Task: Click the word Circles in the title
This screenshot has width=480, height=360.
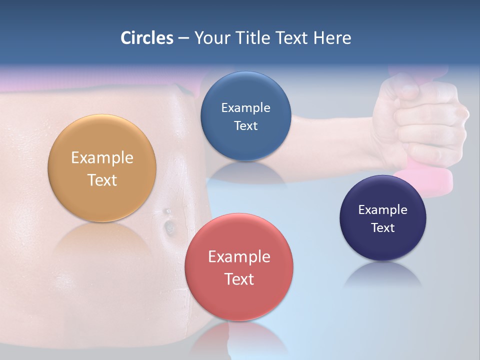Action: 146,37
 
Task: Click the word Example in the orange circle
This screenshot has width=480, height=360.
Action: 102,158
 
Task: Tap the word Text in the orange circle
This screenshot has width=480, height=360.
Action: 102,180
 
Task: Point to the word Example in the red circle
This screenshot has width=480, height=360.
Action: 239,257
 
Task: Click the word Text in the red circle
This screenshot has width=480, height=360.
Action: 239,279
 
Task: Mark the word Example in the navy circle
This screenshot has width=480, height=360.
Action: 382,210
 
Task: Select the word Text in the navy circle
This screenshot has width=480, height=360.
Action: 382,228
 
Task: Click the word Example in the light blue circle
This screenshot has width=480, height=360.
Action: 245,108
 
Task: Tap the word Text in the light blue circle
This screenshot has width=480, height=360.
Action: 245,126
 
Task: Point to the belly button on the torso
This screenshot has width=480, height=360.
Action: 169,226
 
